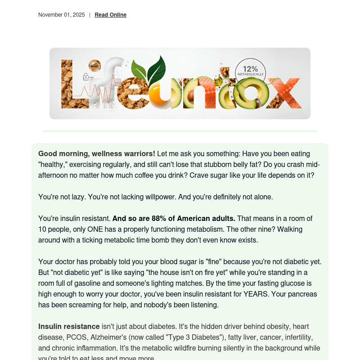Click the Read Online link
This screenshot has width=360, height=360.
110,15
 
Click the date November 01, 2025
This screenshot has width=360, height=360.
62,15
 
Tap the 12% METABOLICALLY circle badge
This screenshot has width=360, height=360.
251,71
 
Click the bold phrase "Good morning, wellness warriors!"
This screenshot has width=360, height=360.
97,154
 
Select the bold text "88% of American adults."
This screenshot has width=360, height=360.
174,219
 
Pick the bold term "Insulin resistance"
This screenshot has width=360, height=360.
69,327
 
